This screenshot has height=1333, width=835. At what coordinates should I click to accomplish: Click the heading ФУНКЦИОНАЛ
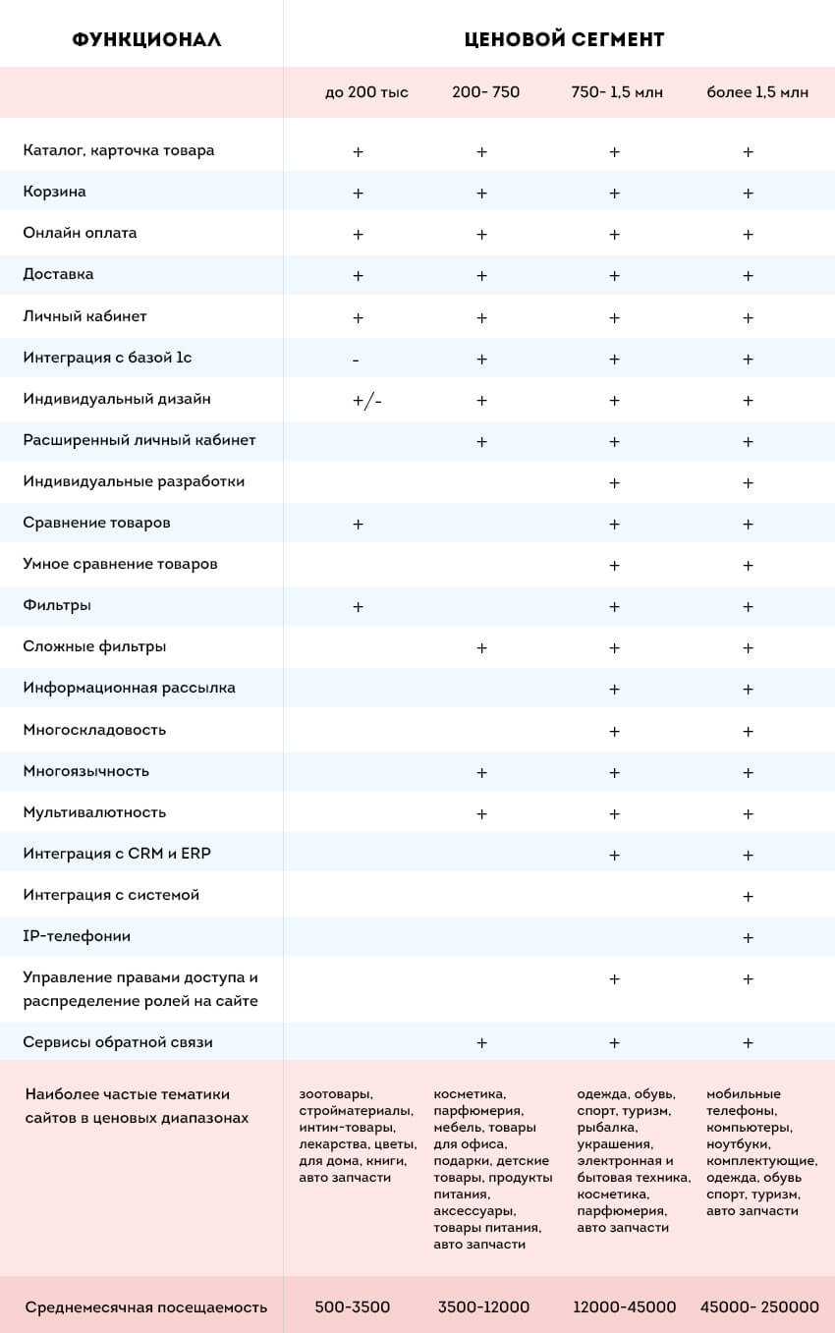coord(146,40)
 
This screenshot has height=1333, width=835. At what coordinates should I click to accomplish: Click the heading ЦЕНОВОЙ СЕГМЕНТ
coord(564,40)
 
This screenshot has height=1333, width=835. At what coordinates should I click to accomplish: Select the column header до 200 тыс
coord(366,92)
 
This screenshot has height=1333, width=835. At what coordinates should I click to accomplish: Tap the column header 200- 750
coord(485,92)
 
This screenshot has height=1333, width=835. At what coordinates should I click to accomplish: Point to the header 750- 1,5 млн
coord(617,92)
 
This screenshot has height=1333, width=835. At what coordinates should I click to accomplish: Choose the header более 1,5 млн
coord(757,92)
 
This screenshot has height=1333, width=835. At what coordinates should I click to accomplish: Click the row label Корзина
coord(54,192)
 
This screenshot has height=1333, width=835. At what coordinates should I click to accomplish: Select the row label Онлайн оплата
coord(80,233)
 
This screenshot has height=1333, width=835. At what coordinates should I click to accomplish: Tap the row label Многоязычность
coord(86,771)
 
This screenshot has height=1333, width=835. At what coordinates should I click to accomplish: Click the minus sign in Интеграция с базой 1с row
coord(356,361)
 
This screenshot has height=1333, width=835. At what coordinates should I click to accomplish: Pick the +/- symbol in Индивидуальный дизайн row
coord(366,401)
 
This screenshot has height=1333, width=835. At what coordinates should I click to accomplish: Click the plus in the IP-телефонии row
coord(748,938)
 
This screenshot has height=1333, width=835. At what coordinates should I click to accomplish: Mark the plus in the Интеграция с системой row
coord(748,897)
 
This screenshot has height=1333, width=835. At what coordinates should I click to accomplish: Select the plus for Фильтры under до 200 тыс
coord(358,607)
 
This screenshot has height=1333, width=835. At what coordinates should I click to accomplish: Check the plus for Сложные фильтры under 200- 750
coord(481,648)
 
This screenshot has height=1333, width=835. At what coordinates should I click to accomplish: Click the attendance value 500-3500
coord(352,1307)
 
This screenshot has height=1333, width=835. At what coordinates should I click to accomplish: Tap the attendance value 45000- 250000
coord(758,1307)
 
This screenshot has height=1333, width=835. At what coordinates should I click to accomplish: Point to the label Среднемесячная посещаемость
coord(146,1307)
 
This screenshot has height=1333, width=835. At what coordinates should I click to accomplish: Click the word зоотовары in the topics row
coord(336,1094)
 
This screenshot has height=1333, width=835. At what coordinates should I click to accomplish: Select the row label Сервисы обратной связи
coord(118,1042)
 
